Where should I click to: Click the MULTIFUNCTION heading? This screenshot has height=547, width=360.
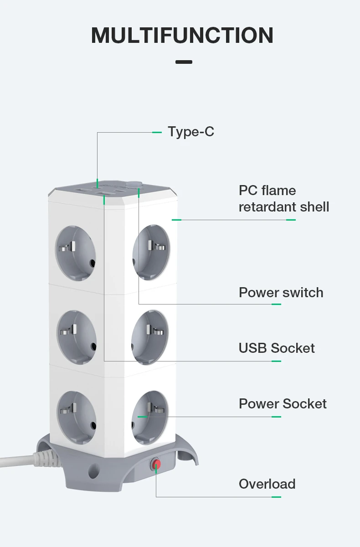(x=182, y=36)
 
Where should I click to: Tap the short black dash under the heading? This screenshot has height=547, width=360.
(x=184, y=62)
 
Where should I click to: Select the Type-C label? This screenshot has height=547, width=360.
(x=191, y=132)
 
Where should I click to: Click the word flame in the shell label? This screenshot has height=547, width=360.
(x=279, y=191)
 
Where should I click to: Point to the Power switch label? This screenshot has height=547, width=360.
(x=281, y=293)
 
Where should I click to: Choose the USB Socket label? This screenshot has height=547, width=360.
(x=277, y=348)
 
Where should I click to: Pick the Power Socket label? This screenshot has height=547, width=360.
(x=283, y=404)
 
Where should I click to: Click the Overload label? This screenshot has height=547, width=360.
(x=267, y=484)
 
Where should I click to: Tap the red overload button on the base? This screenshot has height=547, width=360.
(x=156, y=464)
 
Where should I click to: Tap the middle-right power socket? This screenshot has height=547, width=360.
(x=150, y=337)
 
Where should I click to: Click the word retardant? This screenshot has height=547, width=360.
(x=266, y=207)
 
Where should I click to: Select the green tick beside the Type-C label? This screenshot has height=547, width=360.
(x=157, y=132)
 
